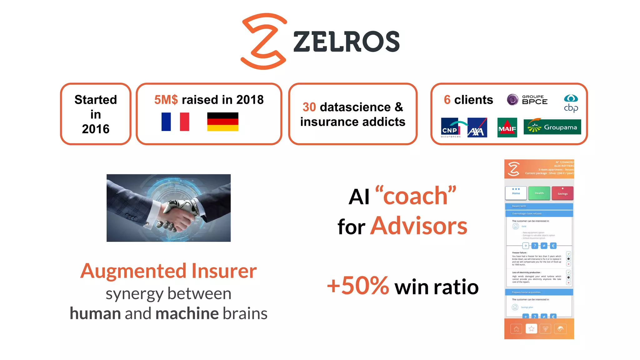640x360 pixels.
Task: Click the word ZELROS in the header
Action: (x=346, y=42)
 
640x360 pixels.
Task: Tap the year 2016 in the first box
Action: (x=96, y=129)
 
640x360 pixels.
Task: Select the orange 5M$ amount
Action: (x=166, y=100)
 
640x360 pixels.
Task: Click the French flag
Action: (x=175, y=122)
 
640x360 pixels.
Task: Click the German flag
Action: (x=222, y=122)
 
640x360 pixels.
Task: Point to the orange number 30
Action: (x=309, y=107)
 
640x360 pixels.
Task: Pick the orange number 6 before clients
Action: (x=447, y=100)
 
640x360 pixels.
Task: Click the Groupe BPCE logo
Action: (x=527, y=100)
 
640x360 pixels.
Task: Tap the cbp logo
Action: (x=571, y=103)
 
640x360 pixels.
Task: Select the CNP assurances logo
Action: (x=451, y=128)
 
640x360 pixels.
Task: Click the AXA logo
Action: (x=477, y=128)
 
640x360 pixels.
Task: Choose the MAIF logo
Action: (x=507, y=128)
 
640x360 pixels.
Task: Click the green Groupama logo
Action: (x=552, y=127)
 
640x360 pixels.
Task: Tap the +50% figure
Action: (x=358, y=286)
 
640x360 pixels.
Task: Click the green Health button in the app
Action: (x=539, y=193)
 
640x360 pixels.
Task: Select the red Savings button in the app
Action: (x=562, y=193)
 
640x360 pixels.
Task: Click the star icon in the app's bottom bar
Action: (x=531, y=328)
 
